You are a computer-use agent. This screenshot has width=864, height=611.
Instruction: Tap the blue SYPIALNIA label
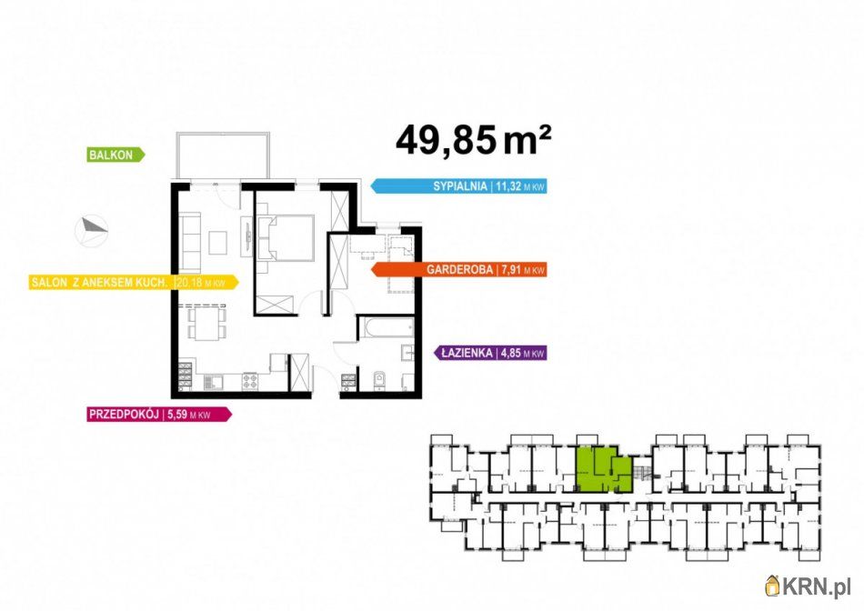(x=458, y=186)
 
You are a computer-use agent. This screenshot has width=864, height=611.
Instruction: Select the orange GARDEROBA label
(x=458, y=269)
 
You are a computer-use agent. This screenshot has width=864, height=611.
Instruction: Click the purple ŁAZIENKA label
(x=490, y=353)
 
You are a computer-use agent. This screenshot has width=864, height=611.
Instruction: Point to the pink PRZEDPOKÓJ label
(x=159, y=415)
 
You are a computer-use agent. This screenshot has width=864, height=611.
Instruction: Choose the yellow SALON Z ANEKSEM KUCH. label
(x=134, y=283)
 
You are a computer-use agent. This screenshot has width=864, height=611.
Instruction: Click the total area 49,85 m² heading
(x=473, y=140)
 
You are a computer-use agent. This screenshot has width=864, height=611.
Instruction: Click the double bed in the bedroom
(x=286, y=238)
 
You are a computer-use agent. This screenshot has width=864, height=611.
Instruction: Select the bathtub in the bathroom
(x=387, y=328)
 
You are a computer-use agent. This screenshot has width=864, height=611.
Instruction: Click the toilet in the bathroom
(x=378, y=380)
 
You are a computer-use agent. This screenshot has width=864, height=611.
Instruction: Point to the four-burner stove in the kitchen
(x=250, y=380)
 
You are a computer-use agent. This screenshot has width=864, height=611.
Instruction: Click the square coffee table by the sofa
(x=217, y=243)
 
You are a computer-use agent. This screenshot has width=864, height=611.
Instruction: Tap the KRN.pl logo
(x=808, y=586)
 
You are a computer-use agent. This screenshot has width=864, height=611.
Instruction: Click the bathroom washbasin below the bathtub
(x=407, y=353)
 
